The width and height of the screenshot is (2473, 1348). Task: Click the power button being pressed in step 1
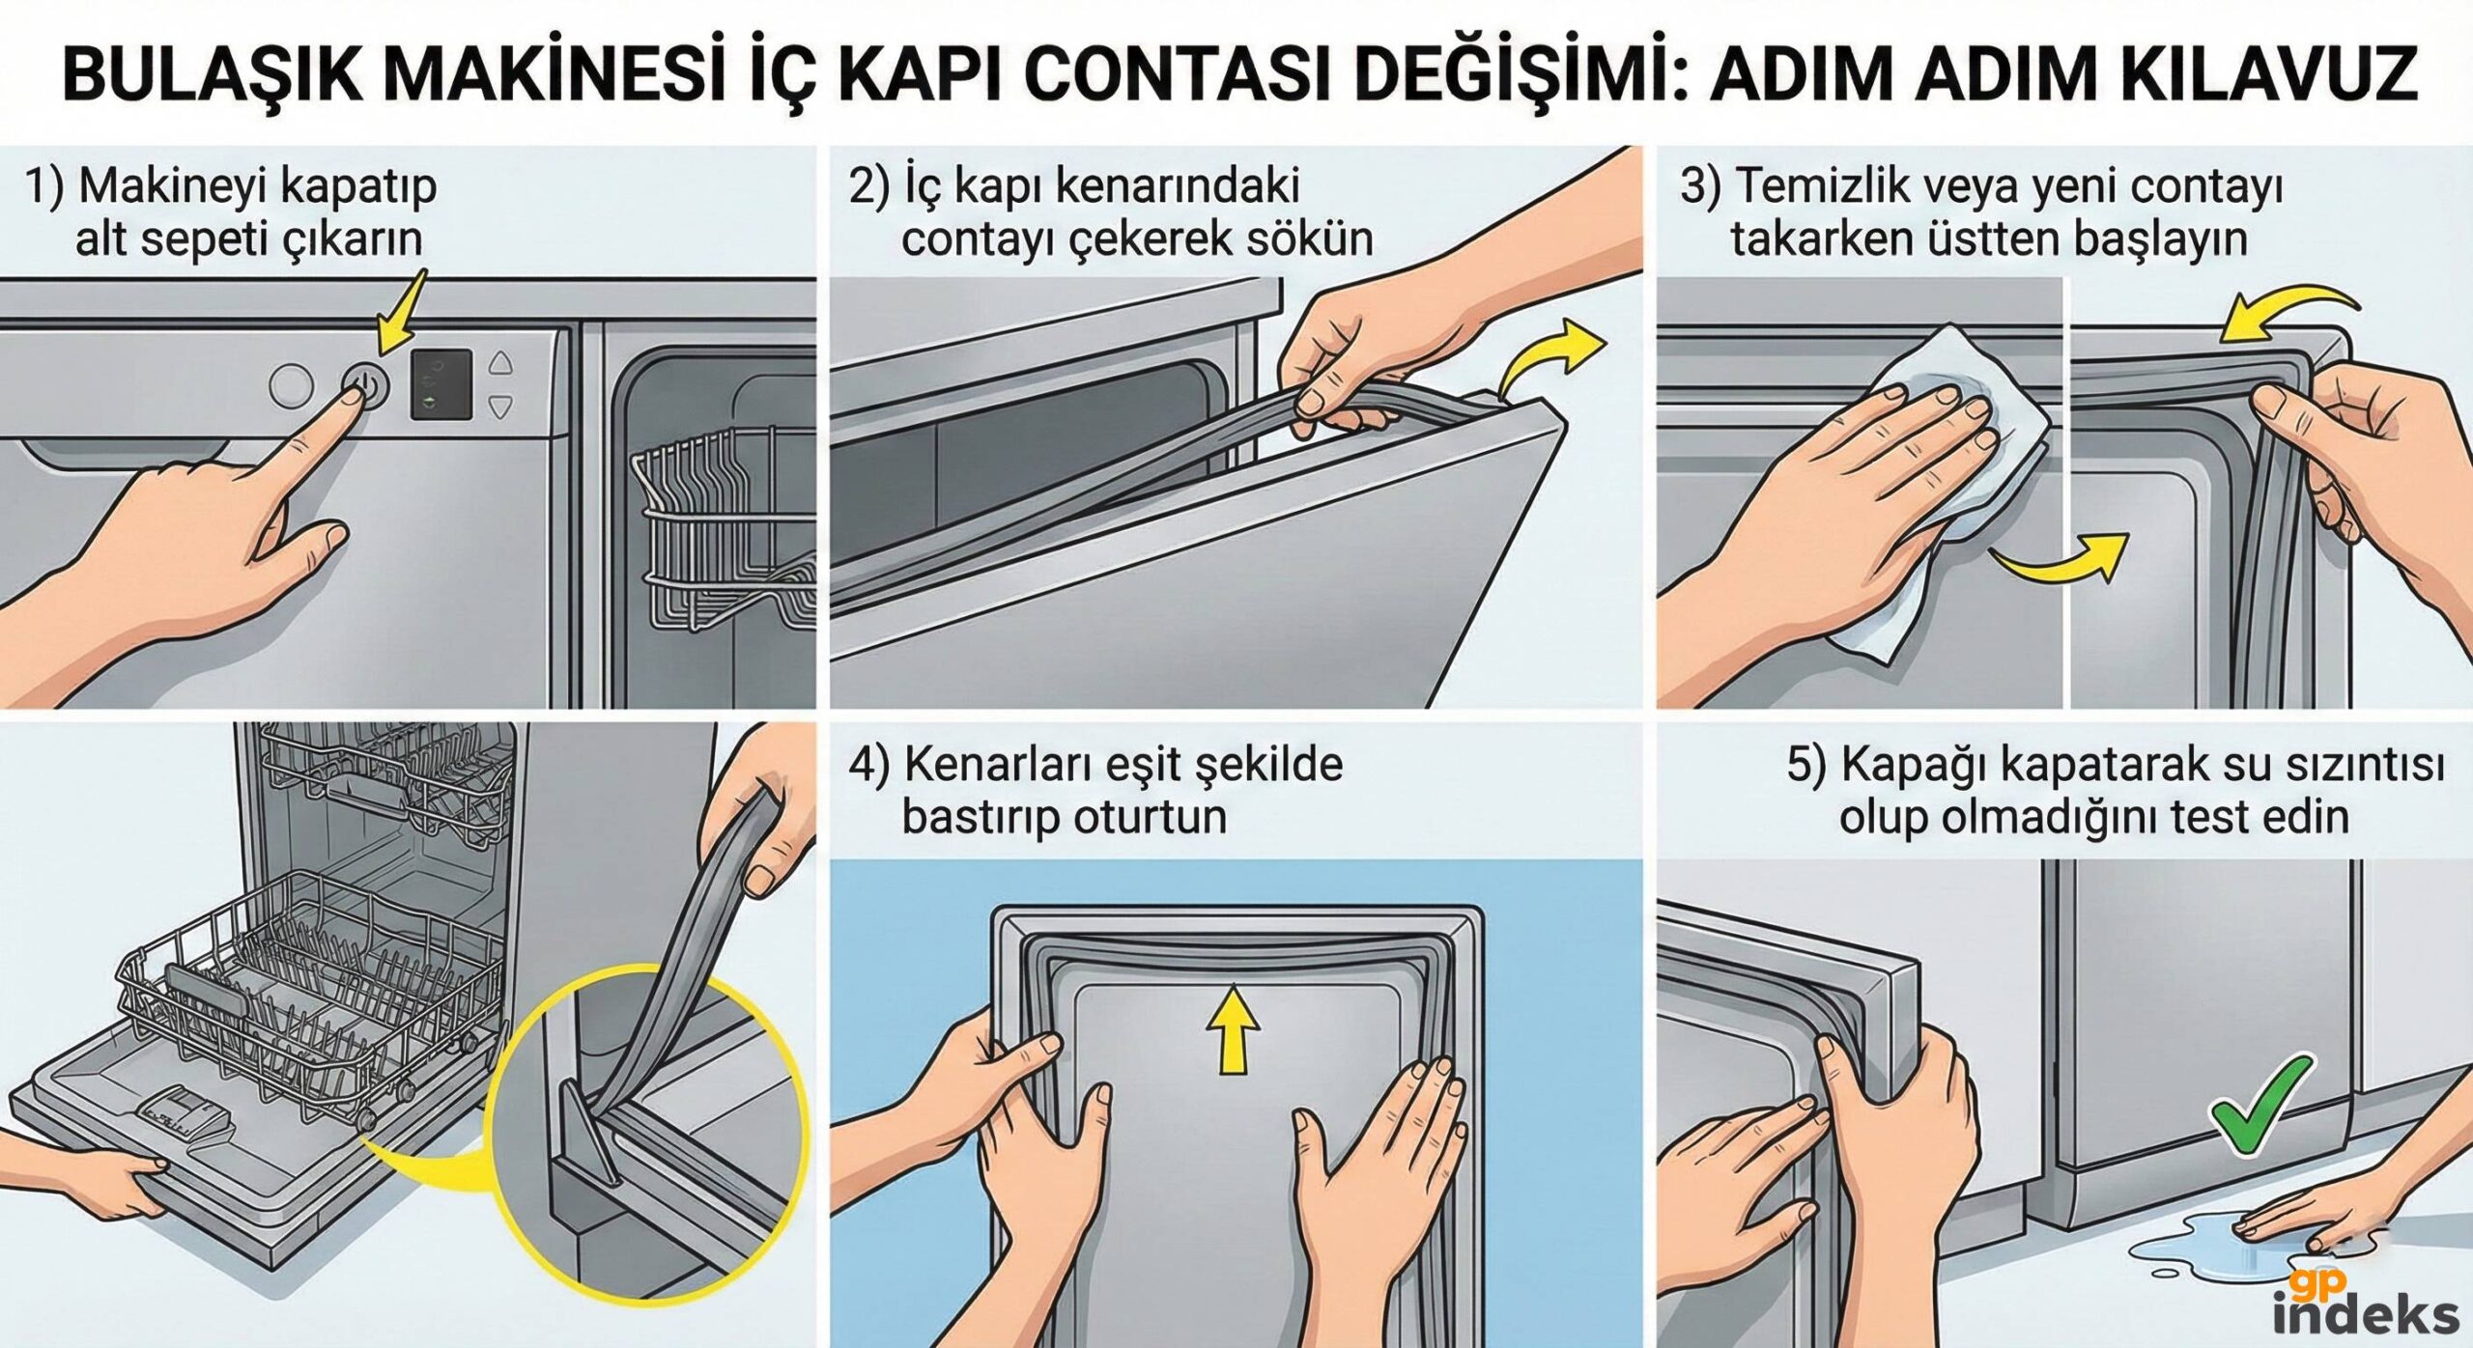tap(365, 386)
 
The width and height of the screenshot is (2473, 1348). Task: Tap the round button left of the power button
tap(291, 386)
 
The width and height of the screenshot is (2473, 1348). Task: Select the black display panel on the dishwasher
tap(441, 383)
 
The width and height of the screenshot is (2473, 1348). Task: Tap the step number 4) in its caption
tap(868, 766)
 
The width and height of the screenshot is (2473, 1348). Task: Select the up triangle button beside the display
tap(500, 364)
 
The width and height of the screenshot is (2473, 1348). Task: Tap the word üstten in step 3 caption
tap(1994, 239)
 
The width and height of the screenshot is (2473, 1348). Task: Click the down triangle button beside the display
tap(500, 407)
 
